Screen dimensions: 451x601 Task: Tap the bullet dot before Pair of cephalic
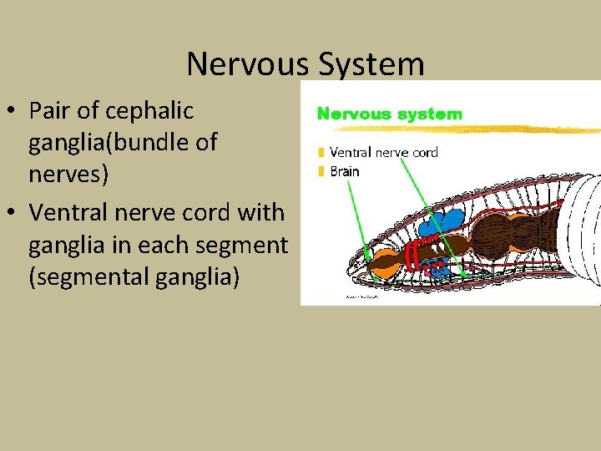click(14, 111)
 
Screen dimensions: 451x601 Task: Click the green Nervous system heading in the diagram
click(388, 114)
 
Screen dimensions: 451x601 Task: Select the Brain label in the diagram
click(345, 171)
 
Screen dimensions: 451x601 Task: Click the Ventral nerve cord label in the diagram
click(383, 152)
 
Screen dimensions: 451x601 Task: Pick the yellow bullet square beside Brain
click(321, 172)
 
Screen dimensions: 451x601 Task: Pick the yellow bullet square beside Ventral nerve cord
click(321, 153)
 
